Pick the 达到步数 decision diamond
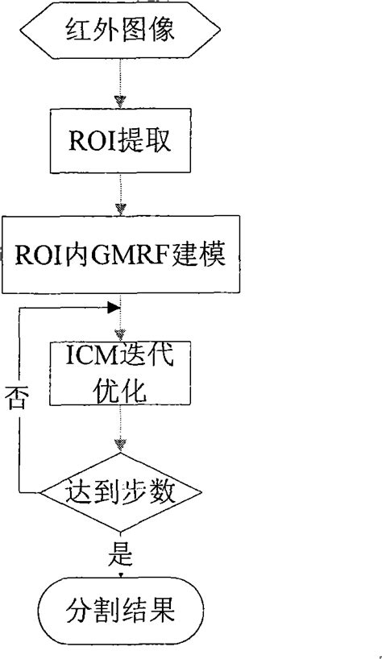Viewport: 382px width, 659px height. tap(121, 489)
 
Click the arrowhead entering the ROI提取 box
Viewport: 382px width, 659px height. tap(120, 102)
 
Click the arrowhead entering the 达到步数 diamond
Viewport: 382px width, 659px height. tap(121, 445)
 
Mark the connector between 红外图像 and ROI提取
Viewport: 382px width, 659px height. tap(120, 81)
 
